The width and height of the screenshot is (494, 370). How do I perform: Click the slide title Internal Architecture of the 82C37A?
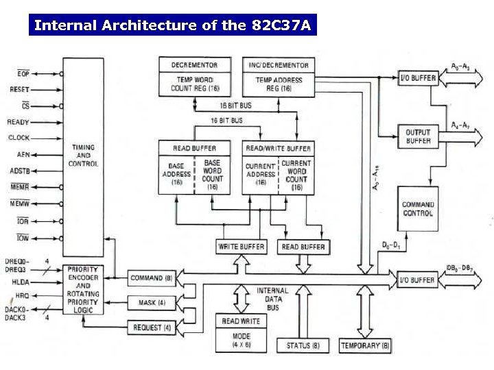coord(172,26)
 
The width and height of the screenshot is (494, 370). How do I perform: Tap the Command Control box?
coord(418,208)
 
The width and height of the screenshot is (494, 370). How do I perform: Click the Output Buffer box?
coord(418,136)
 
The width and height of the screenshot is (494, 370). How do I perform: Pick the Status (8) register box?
coord(303,345)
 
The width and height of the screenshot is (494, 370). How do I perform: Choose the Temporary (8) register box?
coord(365,345)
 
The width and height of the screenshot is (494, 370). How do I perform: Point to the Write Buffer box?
coord(242,246)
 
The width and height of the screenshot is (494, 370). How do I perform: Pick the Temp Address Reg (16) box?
coord(279,84)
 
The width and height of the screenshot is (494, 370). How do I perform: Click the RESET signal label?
coord(19,89)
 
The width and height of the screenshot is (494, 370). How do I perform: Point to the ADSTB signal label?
coord(19,171)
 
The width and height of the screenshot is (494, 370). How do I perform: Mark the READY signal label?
coord(19,122)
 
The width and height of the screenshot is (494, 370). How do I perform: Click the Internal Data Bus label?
coord(272,299)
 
